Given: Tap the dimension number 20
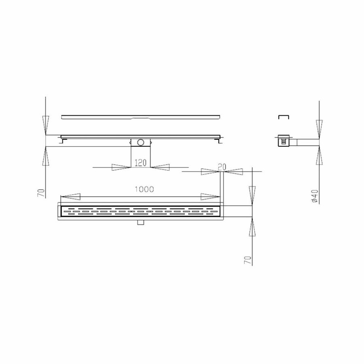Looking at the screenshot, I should [x=222, y=167].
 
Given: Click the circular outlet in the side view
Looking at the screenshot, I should [x=140, y=142].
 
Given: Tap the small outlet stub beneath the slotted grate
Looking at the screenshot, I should [x=140, y=222].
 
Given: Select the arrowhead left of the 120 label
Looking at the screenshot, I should [x=121, y=167].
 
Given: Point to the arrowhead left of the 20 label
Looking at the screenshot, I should [x=210, y=171].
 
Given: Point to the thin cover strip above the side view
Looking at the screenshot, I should [x=140, y=117].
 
